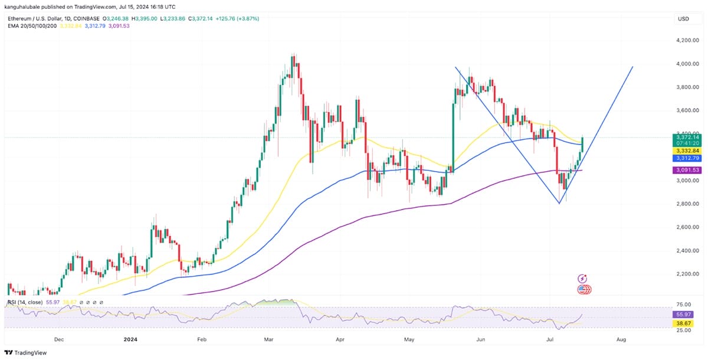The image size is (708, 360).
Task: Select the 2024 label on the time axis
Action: point(132,340)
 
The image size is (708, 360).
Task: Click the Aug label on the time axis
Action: point(621,340)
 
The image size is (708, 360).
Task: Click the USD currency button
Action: point(684,19)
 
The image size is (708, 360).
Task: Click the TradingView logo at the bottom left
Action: point(27,352)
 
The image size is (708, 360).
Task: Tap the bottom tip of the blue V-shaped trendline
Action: point(559,204)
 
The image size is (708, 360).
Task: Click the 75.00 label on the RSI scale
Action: point(684,305)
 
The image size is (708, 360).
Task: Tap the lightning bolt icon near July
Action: point(584,279)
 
